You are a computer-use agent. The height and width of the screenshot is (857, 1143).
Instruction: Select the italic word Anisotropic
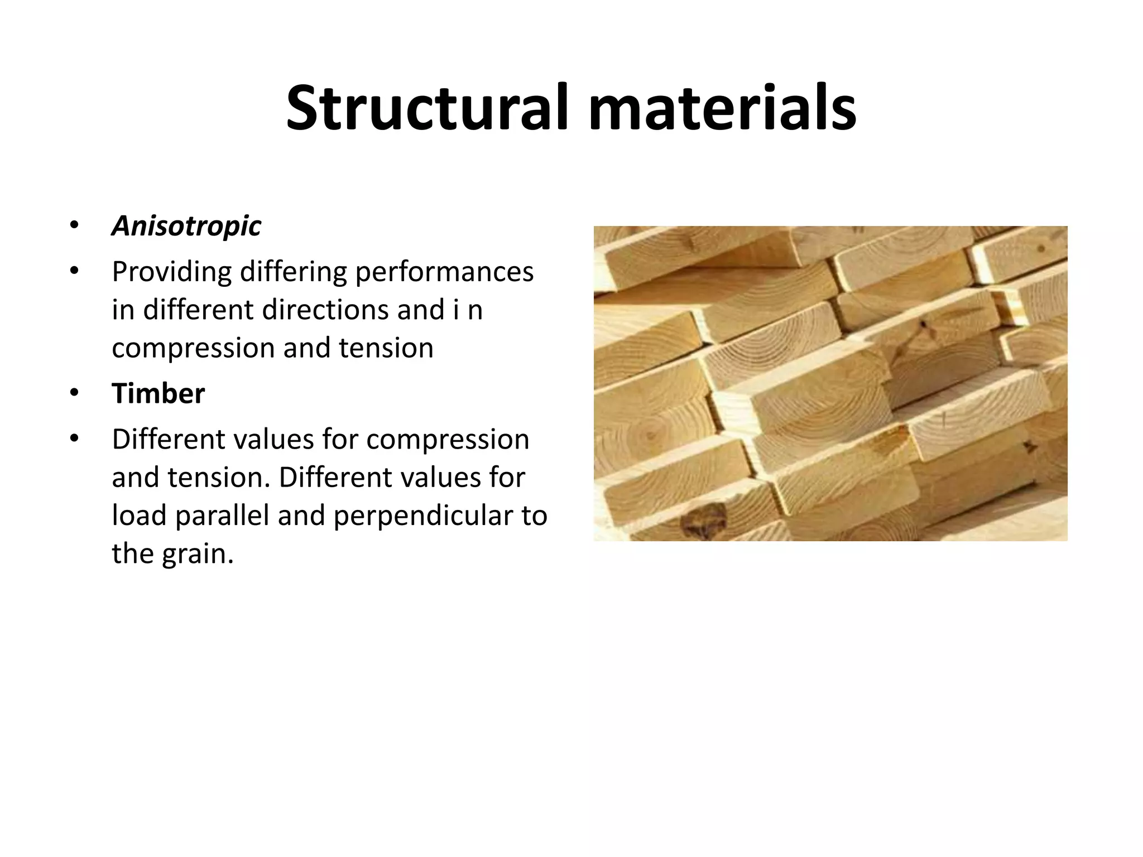pyautogui.click(x=186, y=226)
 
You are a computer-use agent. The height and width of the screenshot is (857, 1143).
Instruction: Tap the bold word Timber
pyautogui.click(x=159, y=393)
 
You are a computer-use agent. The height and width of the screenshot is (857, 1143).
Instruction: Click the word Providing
pyautogui.click(x=171, y=272)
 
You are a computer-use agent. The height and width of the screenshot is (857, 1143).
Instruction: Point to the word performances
pyautogui.click(x=444, y=272)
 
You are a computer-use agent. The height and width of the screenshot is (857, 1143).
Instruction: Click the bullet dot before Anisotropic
pyautogui.click(x=74, y=226)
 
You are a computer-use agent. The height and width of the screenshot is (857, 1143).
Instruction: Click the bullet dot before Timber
pyautogui.click(x=74, y=393)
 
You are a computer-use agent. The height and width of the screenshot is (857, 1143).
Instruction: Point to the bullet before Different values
pyautogui.click(x=74, y=439)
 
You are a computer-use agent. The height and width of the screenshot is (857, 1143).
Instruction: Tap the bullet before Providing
pyautogui.click(x=74, y=272)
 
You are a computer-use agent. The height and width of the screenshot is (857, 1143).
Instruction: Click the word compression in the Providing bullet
pyautogui.click(x=193, y=348)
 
